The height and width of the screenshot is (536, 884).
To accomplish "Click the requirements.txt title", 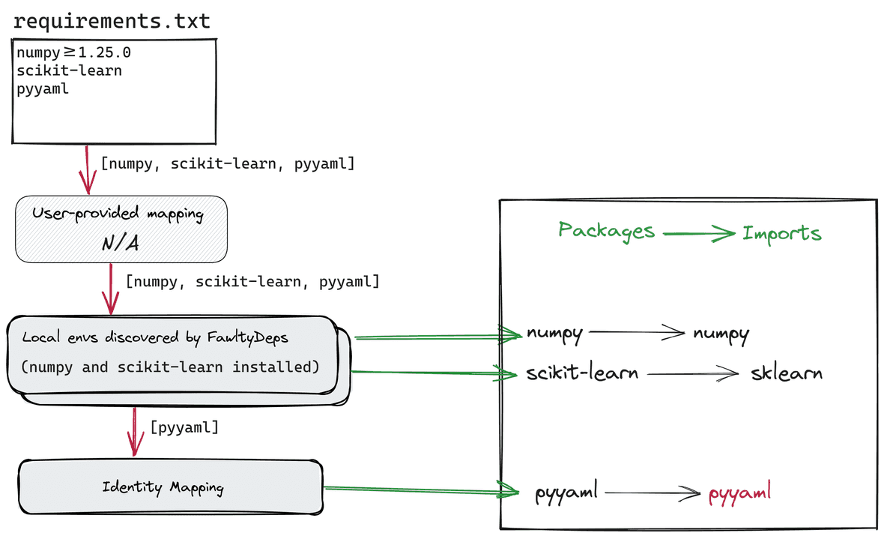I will pos(112,21).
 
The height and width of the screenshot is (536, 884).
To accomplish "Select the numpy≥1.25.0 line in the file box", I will pos(74,53).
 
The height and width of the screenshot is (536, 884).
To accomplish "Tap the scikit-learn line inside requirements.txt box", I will pos(69,71).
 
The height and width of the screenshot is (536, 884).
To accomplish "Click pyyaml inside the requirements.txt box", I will pos(43,89).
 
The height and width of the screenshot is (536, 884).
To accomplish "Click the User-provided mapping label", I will pos(118,214).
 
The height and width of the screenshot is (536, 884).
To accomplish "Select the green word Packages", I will pos(606,231).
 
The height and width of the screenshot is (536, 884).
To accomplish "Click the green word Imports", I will pos(781,233).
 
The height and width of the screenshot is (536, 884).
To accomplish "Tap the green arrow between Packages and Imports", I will pos(698,233).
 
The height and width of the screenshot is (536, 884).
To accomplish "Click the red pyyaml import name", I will pos(739,495).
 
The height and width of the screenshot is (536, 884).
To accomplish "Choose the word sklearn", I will pos(786,373).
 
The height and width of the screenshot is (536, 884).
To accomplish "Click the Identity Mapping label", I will pos(163,487).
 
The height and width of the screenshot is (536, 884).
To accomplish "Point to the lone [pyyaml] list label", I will pos(184,428).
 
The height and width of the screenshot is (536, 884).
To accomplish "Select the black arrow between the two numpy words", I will pos(638,333).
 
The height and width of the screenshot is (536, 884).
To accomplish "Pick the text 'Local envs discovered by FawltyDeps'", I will pos(155,337).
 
